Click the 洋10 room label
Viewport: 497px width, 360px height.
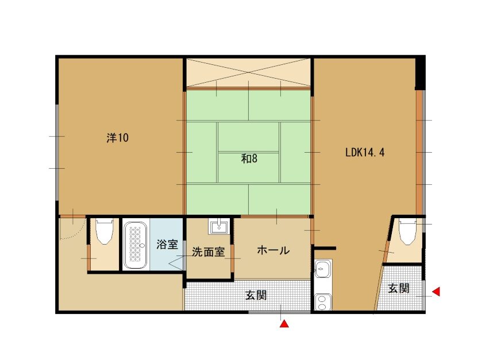pyautogui.click(x=118, y=138)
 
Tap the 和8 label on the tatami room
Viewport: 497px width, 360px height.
pyautogui.click(x=249, y=158)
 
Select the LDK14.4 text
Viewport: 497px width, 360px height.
pyautogui.click(x=365, y=152)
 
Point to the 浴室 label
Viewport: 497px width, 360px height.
pyautogui.click(x=167, y=244)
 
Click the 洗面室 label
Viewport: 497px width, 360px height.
pyautogui.click(x=208, y=251)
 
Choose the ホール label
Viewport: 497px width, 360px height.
pyautogui.click(x=273, y=250)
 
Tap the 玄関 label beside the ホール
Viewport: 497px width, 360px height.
pyautogui.click(x=256, y=295)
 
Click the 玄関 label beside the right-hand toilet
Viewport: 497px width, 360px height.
pyautogui.click(x=398, y=288)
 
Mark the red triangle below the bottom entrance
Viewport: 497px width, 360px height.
pyautogui.click(x=284, y=324)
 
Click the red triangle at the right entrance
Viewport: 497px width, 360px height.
pyautogui.click(x=437, y=291)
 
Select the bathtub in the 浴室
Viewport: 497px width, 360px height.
pyautogui.click(x=135, y=245)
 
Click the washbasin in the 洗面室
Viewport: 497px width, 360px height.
pyautogui.click(x=218, y=226)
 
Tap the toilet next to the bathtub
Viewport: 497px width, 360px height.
pyautogui.click(x=104, y=232)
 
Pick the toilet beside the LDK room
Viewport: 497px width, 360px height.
pyautogui.click(x=407, y=232)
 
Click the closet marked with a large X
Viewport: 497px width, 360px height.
pyautogui.click(x=248, y=72)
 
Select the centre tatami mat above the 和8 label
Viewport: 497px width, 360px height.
pyautogui.click(x=248, y=137)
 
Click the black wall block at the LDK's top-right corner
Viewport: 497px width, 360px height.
pyautogui.click(x=420, y=73)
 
